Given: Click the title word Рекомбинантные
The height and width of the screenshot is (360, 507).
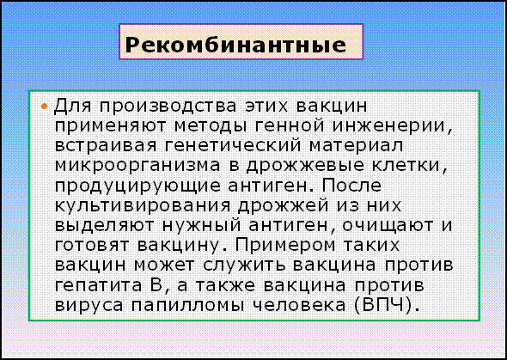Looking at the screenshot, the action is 235,45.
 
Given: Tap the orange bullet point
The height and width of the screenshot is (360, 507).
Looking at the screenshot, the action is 45,107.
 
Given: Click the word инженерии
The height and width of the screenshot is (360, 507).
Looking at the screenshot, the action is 392,126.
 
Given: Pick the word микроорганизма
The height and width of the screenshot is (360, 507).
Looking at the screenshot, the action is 137,166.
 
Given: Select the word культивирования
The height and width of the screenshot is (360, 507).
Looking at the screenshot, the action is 143,206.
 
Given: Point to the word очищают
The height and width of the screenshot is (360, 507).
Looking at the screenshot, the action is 387,226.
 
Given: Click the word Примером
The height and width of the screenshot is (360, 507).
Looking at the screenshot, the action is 282,247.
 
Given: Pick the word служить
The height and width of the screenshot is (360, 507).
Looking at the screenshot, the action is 243,265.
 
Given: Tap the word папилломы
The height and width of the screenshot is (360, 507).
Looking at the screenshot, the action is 186,305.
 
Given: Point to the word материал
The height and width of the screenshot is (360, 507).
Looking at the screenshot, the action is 356,146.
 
